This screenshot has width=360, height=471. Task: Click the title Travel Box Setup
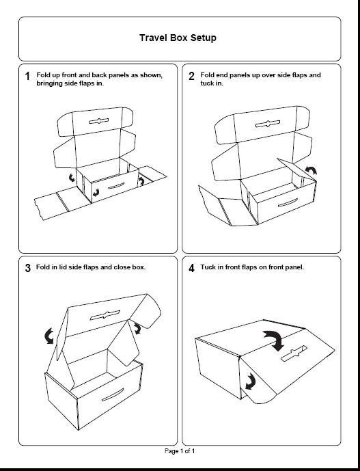178,38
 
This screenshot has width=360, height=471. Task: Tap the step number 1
27,77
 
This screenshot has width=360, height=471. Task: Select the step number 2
191,77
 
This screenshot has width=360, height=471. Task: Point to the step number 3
28,268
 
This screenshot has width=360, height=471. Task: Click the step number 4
191,268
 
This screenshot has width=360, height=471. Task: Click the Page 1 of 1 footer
180,451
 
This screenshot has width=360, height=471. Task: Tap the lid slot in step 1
99,121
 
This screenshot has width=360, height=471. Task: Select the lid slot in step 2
268,124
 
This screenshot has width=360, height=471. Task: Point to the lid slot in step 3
105,315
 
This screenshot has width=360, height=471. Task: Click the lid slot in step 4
294,353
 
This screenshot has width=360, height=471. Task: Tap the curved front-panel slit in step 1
116,186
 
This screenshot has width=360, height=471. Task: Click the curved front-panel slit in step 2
288,203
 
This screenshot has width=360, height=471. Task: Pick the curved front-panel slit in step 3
113,395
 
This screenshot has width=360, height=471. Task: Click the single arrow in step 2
311,170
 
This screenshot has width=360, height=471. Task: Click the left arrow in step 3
49,336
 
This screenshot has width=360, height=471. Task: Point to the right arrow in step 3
137,328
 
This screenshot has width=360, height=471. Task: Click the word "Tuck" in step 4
207,267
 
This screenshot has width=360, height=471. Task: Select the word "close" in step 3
122,267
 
